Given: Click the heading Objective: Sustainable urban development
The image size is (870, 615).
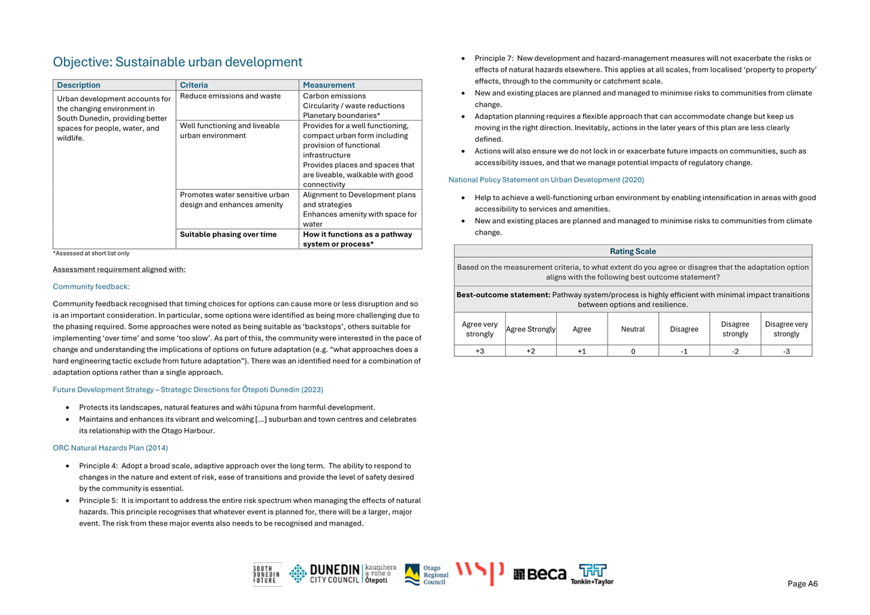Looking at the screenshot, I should click(x=178, y=62).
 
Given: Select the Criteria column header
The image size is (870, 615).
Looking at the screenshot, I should click(x=194, y=85).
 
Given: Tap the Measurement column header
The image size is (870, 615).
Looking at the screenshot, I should click(x=329, y=85).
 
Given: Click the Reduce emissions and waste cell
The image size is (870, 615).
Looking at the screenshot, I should click(x=231, y=96).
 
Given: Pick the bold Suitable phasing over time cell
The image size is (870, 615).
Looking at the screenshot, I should click(x=229, y=235).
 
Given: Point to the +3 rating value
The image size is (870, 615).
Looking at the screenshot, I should click(x=479, y=351).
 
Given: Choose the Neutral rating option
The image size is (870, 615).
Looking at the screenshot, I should click(x=633, y=330).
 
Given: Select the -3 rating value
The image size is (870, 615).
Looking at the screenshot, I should click(x=786, y=351).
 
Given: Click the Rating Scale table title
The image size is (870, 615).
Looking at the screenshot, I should click(x=633, y=252).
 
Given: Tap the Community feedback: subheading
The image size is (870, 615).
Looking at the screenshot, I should click(x=91, y=287).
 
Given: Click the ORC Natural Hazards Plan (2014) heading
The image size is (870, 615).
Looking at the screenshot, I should click(x=111, y=448).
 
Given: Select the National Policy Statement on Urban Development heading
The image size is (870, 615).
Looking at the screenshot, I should click(x=546, y=180).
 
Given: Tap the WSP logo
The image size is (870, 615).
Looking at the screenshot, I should click(x=479, y=574).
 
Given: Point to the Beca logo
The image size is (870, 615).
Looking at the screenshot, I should click(x=540, y=574).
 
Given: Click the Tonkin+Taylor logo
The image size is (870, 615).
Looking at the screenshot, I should click(x=592, y=574).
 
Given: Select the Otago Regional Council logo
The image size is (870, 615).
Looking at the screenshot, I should click(x=427, y=574).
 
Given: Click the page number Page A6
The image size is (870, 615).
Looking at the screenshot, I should click(x=802, y=584).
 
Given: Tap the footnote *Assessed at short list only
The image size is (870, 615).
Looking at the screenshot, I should click(x=91, y=254).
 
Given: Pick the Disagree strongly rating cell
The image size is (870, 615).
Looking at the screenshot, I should click(x=735, y=330).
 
